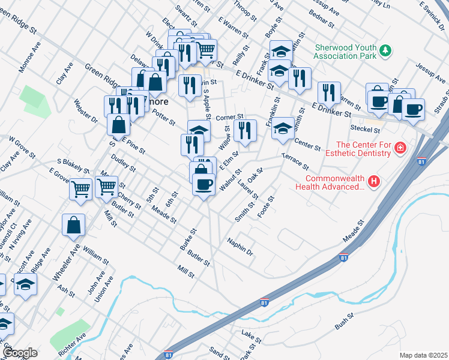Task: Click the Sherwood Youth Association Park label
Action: click(x=345, y=51)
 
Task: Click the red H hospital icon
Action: click(x=374, y=181)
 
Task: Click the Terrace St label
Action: click(x=295, y=161)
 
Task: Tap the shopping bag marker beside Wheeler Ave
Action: click(x=73, y=226)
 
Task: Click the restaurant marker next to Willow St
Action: click(x=245, y=131)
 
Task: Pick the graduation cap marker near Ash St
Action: click(x=25, y=284)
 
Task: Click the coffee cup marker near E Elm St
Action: click(x=203, y=183)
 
